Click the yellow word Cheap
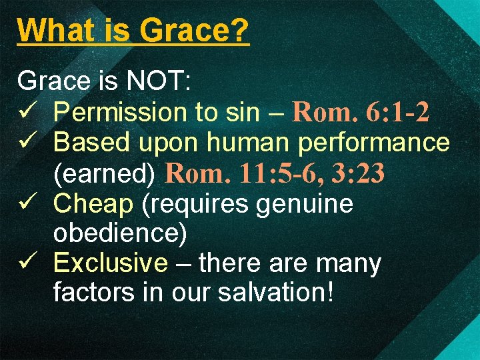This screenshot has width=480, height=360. click(x=93, y=204)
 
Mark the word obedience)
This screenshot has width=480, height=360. click(x=120, y=234)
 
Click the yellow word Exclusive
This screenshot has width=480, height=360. click(x=110, y=264)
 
